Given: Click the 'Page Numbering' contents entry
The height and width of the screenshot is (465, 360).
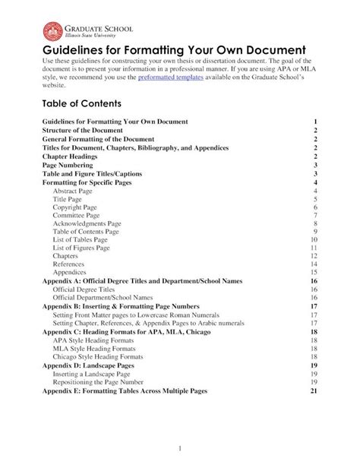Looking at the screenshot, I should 68,165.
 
